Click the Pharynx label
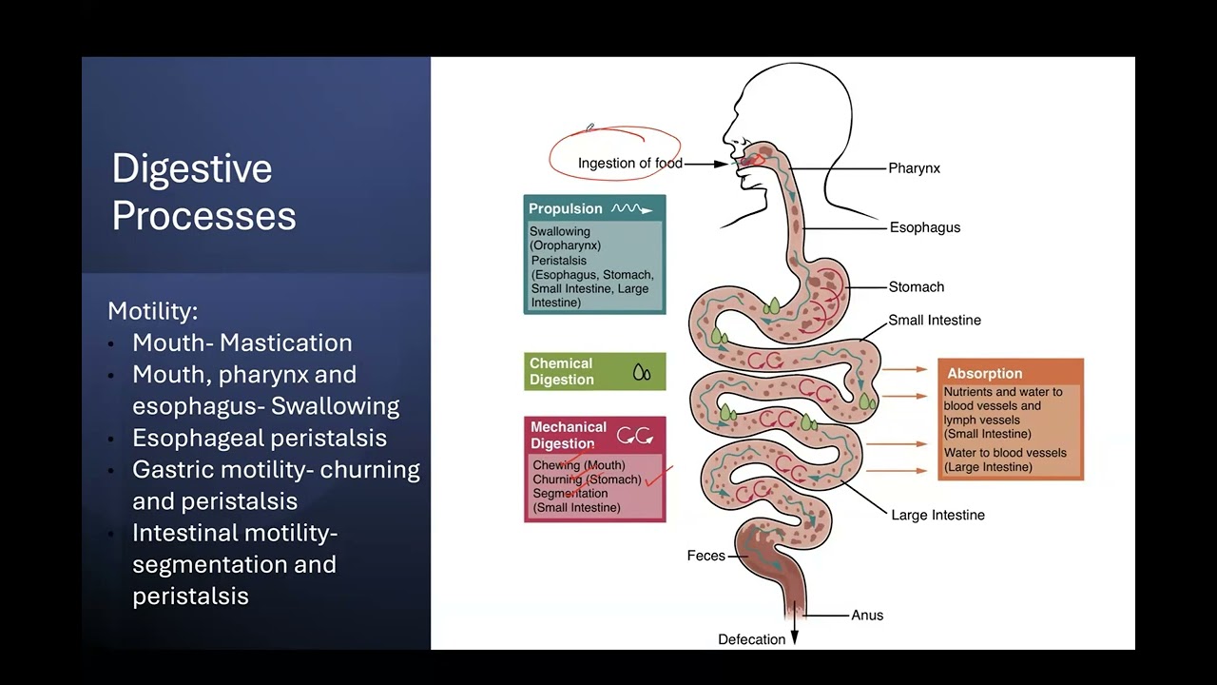914,168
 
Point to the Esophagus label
924,227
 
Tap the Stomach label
916,286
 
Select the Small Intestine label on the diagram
934,320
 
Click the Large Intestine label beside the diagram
937,515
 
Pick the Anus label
867,615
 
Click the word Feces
705,556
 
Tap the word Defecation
751,639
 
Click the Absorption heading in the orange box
984,374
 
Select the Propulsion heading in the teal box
566,209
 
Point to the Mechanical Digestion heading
568,435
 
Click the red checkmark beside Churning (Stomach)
659,476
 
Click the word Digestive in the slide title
192,169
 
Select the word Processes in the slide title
203,216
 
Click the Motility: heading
153,311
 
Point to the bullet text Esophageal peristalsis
260,438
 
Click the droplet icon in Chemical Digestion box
642,372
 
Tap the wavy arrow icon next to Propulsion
632,209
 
